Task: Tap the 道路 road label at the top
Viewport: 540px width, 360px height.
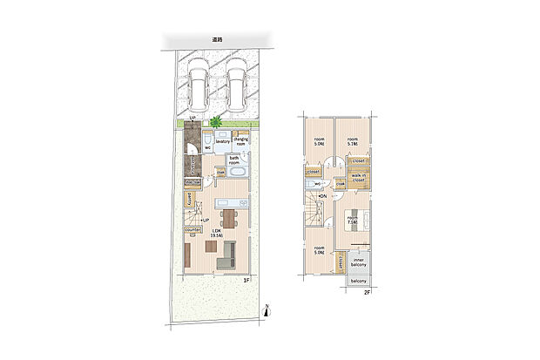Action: coord(217,40)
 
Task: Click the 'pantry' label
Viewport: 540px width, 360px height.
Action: coord(189,200)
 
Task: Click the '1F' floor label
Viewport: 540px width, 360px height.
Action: coord(246,279)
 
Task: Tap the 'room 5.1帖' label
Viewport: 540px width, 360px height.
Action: coord(353,142)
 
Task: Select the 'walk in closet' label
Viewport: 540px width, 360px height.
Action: coord(358,179)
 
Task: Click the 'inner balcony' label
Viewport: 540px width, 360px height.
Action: coord(359,263)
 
